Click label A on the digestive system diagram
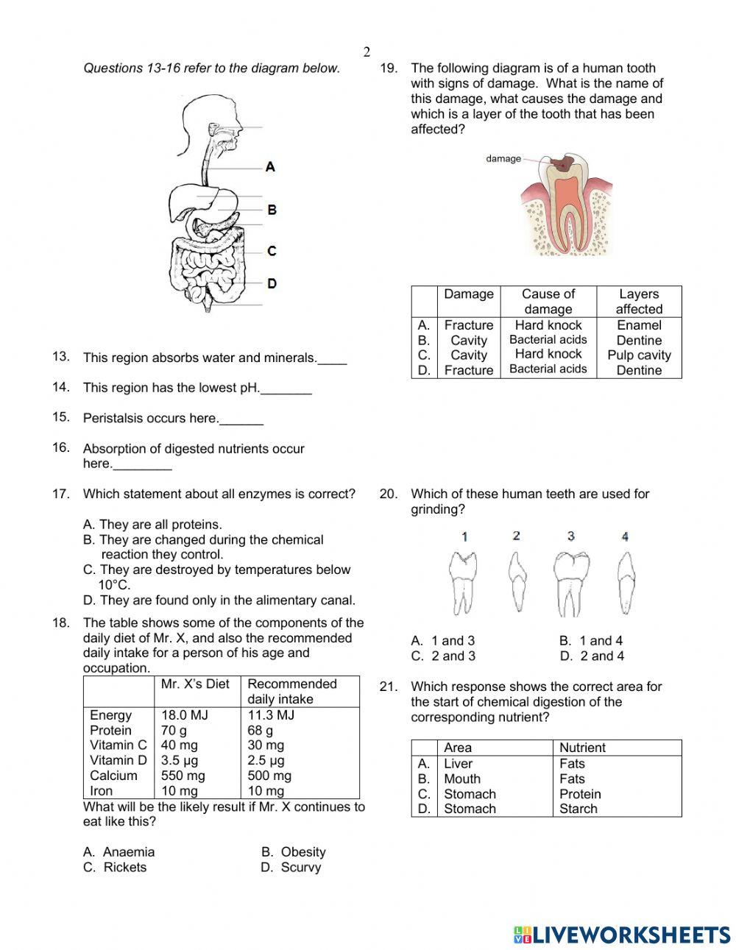(270, 167)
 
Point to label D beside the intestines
(272, 283)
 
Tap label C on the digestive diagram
(272, 251)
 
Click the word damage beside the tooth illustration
(503, 158)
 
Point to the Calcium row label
(113, 776)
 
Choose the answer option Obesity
(302, 851)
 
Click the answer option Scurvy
(300, 867)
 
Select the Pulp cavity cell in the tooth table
(639, 355)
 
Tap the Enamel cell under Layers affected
(639, 325)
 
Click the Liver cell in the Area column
(458, 763)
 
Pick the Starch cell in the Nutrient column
(578, 809)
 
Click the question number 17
(60, 494)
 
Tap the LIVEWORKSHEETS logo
(622, 935)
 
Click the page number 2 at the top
(367, 52)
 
